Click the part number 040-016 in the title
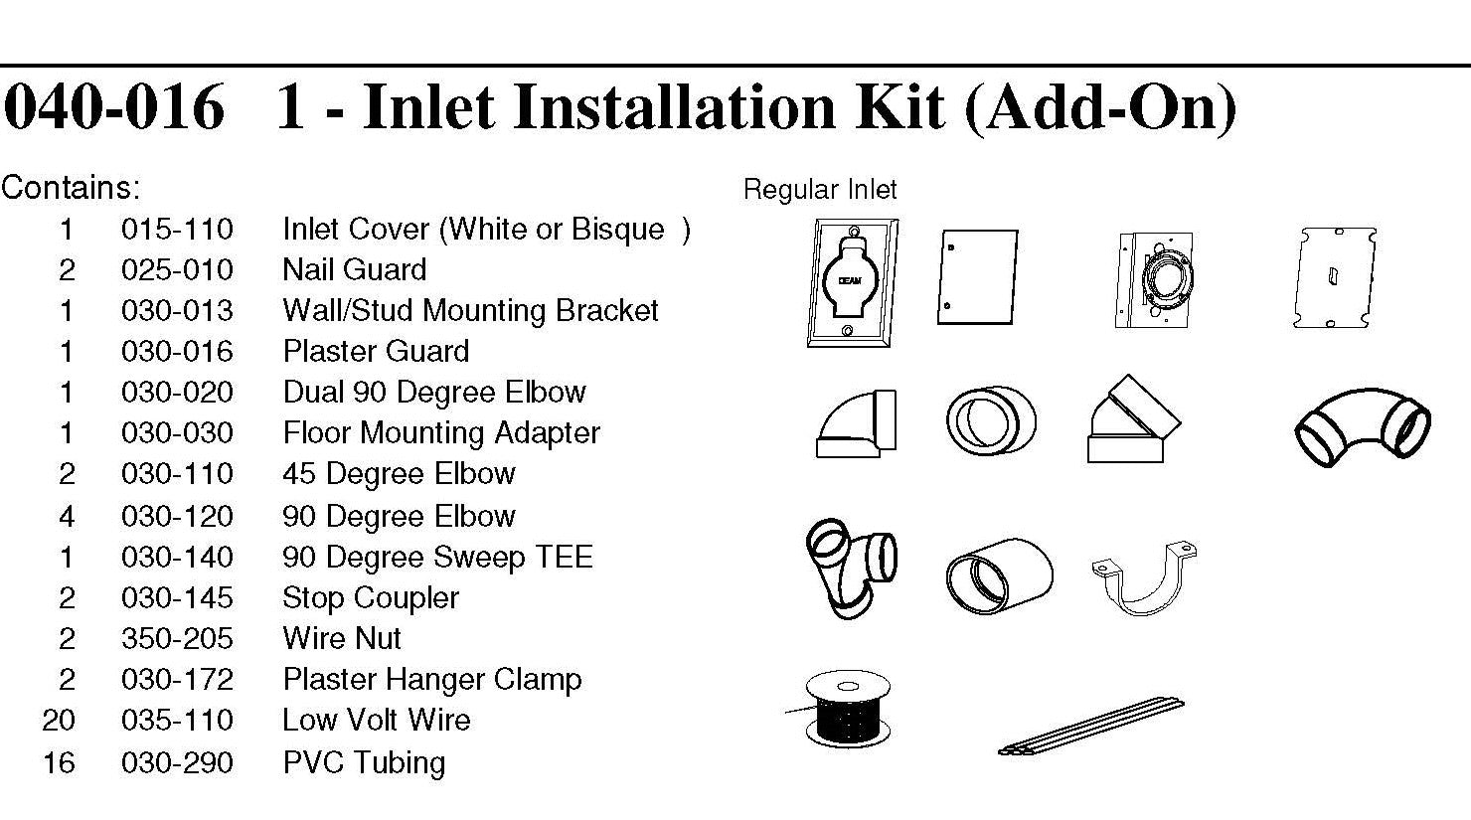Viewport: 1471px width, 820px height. pos(113,107)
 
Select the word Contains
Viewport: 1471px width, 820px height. pos(70,187)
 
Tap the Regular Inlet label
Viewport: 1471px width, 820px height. pos(820,190)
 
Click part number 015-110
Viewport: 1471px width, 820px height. pos(177,230)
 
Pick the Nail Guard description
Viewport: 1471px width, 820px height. pos(355,270)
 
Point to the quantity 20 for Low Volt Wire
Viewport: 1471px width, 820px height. pos(59,720)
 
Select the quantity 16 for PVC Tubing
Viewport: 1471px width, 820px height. pos(59,762)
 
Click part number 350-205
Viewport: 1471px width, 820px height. pos(177,638)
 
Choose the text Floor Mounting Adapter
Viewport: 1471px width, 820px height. pos(441,433)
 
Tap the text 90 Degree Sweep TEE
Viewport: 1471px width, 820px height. pos(437,557)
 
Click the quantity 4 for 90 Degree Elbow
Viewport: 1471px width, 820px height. pos(67,516)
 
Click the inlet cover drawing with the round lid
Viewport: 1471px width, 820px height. pos(853,283)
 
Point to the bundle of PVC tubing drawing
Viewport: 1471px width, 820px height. pos(1091,727)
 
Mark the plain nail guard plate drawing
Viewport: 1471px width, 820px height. pos(976,277)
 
